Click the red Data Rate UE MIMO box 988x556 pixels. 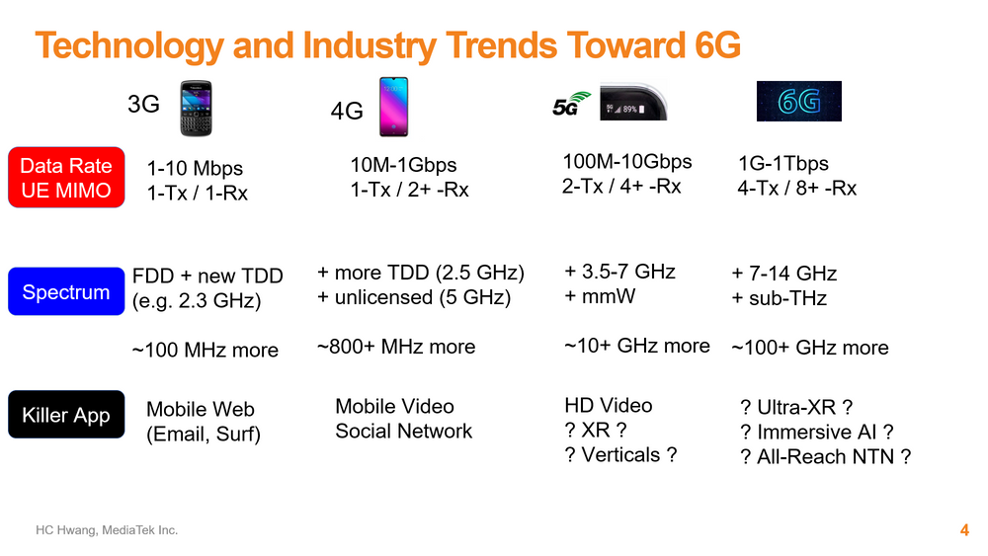(66, 178)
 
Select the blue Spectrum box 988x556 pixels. (66, 291)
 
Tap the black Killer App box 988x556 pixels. (66, 415)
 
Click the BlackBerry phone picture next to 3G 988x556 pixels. (196, 109)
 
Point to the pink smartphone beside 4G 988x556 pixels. (393, 107)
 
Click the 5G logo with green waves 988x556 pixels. (571, 105)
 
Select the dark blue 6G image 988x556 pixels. (799, 101)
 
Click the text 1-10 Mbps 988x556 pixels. (195, 168)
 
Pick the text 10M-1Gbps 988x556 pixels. (403, 165)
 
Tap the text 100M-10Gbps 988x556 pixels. (627, 162)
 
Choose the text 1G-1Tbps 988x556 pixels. (783, 163)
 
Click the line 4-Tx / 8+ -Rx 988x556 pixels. (797, 188)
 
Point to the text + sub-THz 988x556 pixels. (779, 298)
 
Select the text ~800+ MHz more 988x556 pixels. (396, 347)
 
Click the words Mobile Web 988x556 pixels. (201, 409)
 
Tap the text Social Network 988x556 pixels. (403, 431)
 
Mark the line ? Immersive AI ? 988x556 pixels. (817, 432)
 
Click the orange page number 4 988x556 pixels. (964, 530)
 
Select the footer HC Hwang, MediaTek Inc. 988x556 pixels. (107, 530)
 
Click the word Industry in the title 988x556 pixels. (370, 45)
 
